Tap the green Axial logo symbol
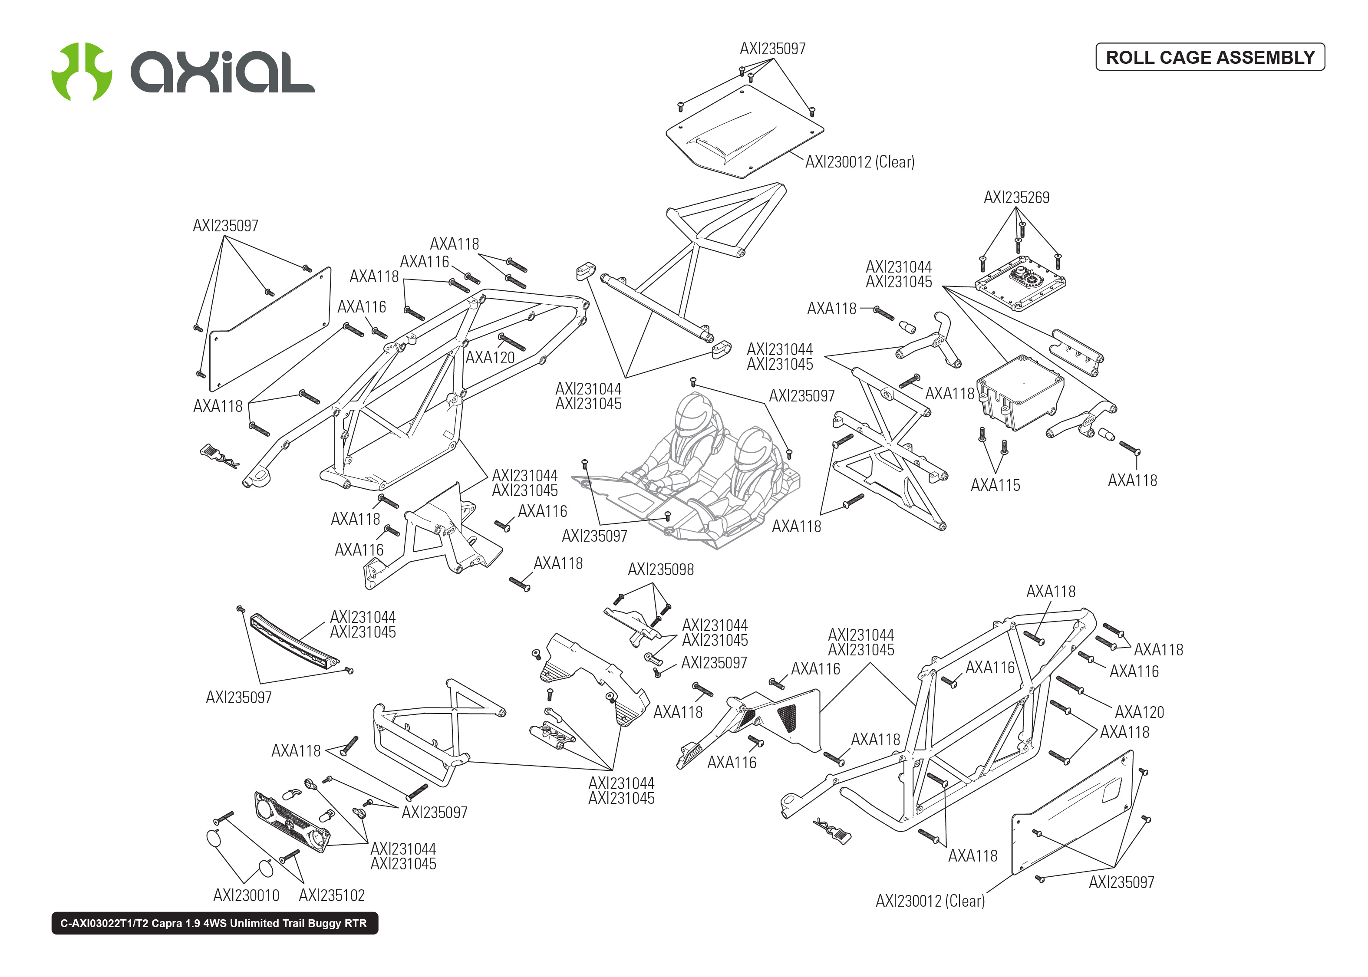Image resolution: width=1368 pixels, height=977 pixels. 81,72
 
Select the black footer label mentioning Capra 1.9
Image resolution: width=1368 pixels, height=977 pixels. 214,923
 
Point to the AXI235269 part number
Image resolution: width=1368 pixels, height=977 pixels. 1015,197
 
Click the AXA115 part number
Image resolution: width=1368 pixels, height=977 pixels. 995,485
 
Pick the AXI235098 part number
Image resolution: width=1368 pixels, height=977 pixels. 660,569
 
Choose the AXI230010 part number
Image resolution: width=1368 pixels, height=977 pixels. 246,895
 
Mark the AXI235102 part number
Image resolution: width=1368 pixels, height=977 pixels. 332,895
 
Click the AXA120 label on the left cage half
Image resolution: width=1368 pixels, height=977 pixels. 490,357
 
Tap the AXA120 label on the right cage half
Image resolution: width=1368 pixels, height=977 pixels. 1139,712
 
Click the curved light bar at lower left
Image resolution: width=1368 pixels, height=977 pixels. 294,642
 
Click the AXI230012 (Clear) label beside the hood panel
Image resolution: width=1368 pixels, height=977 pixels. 859,162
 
